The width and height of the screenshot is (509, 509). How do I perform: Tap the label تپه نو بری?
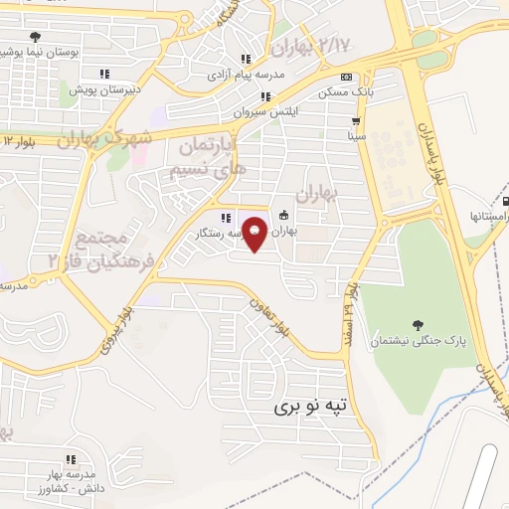point(313,406)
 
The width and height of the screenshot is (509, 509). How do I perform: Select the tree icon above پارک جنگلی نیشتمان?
point(417,324)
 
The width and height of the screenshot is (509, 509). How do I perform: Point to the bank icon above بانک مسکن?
point(345,77)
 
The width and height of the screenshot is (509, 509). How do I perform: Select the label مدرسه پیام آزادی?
point(246,74)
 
